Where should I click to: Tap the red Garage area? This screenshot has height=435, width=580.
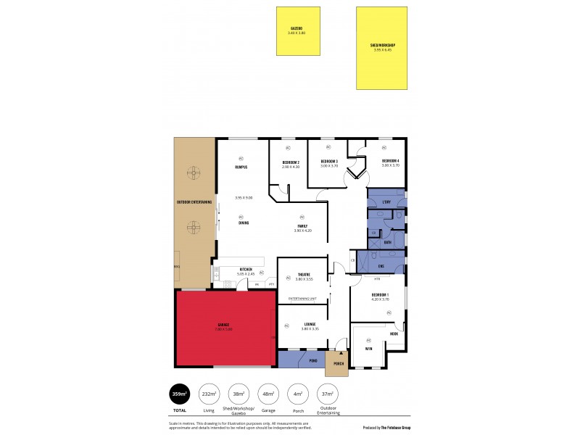pos(223,328)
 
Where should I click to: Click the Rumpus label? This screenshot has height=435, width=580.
pos(241,167)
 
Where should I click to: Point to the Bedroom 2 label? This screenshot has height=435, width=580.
pos(291,162)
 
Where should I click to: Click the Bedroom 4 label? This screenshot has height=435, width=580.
pos(391,160)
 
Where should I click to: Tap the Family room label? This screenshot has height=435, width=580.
pos(302,226)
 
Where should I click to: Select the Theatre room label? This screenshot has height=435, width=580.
pos(303,275)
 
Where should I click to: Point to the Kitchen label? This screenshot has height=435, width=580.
pos(246,270)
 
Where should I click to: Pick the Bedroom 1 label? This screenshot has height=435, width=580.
pos(380,295)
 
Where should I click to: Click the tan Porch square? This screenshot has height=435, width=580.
pos(337,363)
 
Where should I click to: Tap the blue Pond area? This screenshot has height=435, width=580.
pos(301,360)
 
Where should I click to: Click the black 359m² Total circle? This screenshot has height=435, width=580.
pos(179,394)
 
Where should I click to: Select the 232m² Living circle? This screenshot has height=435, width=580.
pos(209,394)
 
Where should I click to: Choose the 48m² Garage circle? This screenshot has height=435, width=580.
pos(268,394)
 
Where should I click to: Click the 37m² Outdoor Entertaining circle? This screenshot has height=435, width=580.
pos(328,394)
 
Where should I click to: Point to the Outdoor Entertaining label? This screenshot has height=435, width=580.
pos(194,202)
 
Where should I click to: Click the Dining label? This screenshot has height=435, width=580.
pos(244,223)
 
